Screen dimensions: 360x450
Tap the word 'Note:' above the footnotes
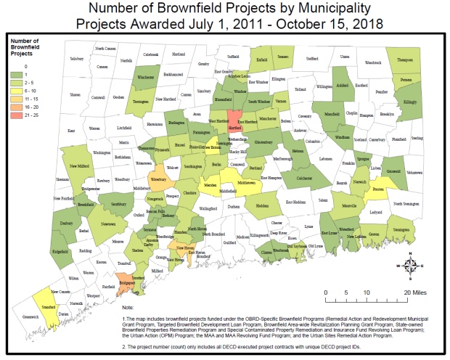point(128,307)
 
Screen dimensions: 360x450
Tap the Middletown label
point(245,183)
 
